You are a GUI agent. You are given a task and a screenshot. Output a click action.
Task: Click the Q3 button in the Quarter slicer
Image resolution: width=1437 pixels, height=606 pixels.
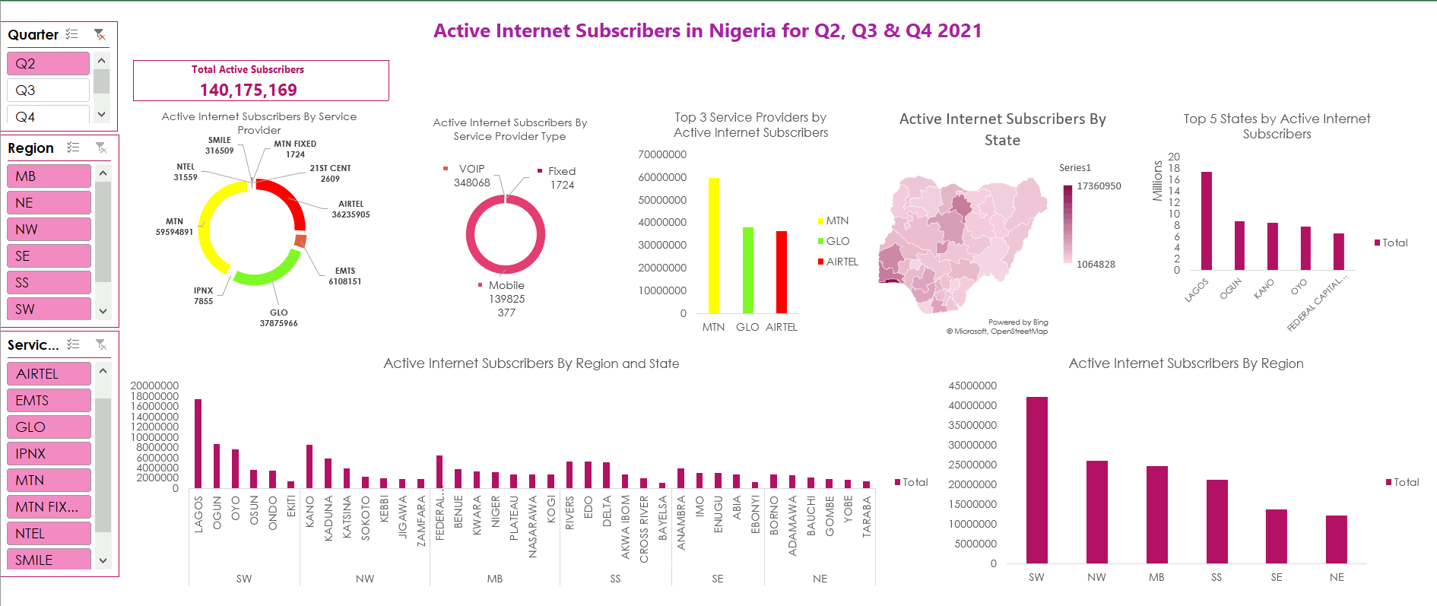[x=47, y=90]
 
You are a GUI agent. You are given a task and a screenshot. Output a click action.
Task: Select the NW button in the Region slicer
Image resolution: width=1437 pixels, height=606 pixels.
[x=48, y=229]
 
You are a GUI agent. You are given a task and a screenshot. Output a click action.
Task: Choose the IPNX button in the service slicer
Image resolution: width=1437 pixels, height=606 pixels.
[x=48, y=453]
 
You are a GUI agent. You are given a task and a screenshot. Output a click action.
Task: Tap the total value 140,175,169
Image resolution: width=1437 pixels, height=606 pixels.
[x=249, y=90]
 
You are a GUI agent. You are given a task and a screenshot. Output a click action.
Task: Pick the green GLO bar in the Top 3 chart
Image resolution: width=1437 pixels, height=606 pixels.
[x=748, y=270]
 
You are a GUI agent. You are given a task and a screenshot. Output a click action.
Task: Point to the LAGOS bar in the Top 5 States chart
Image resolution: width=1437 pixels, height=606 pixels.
[x=1207, y=221]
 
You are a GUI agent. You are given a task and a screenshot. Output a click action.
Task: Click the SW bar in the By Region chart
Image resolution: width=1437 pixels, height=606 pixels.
[x=1036, y=480]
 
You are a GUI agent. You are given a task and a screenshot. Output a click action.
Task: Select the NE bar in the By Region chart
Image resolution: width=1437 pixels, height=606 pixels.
[x=1336, y=539]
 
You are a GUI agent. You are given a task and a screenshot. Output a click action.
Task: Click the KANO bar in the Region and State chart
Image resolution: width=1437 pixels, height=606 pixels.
[x=309, y=466]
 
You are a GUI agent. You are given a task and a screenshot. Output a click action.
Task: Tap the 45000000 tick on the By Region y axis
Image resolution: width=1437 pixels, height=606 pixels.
[x=972, y=385]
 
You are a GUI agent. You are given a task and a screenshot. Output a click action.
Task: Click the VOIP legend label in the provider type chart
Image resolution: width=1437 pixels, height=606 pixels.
[x=471, y=169]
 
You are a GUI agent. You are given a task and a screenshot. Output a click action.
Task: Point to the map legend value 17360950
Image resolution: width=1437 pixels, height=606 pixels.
[x=1099, y=186]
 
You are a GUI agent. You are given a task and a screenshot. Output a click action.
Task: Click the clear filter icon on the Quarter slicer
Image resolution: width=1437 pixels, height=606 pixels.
[x=100, y=34]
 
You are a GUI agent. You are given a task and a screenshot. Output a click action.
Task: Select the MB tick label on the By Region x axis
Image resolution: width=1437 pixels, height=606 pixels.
[x=1156, y=577]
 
